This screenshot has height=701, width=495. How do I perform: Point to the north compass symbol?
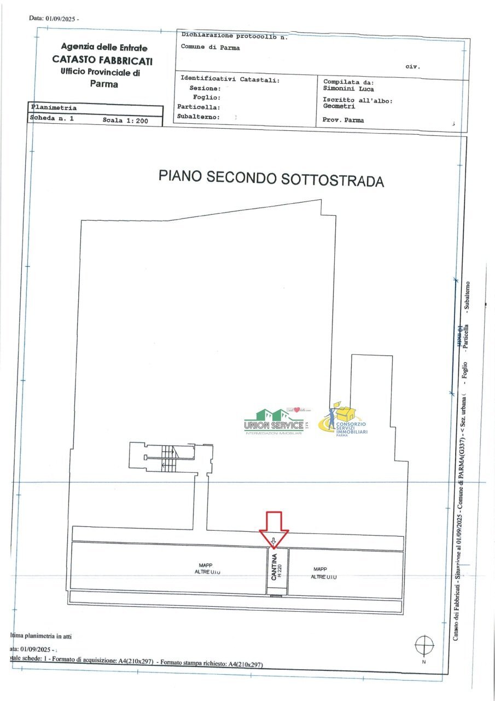(x=424, y=644)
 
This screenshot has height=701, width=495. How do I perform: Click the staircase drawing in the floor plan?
(x=167, y=457)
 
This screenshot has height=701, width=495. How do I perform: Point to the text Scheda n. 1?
(x=51, y=119)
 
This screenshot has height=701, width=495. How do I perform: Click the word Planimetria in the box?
(x=54, y=108)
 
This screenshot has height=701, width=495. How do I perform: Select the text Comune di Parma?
(x=210, y=48)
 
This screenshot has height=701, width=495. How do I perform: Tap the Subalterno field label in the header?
(x=199, y=117)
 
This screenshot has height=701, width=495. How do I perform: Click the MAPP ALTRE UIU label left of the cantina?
(x=206, y=568)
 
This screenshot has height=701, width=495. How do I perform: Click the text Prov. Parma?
(x=343, y=120)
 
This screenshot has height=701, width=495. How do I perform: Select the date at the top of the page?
(x=54, y=18)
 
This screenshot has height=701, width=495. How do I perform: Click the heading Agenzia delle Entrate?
(x=104, y=48)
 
